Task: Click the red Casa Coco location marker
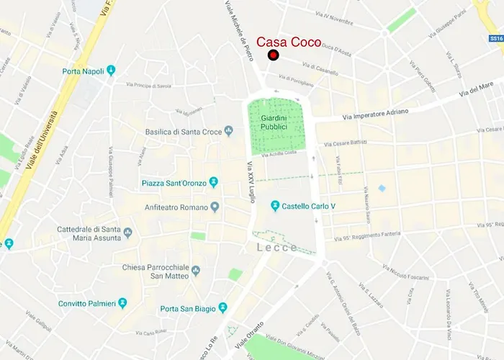[274, 55]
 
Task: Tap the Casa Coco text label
[289, 42]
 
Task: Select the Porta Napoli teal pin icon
[111, 71]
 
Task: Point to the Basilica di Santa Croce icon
[229, 131]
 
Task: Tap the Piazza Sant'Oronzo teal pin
[213, 181]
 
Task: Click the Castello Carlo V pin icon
[274, 206]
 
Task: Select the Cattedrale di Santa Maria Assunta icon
[128, 233]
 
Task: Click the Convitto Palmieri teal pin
[123, 302]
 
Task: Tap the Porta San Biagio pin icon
[223, 308]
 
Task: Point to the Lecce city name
[277, 248]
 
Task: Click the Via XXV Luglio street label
[251, 183]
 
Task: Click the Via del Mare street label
[479, 91]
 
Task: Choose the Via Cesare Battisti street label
[347, 142]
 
